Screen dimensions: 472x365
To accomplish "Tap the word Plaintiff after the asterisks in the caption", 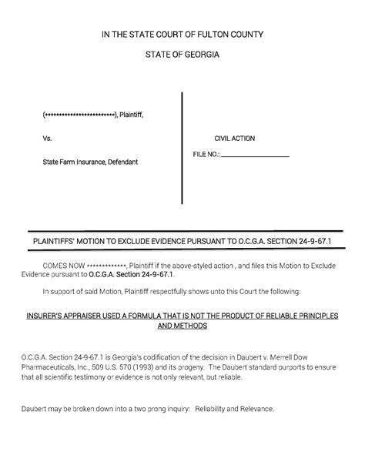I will [131, 115].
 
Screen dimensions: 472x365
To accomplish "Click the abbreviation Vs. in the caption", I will [48, 139].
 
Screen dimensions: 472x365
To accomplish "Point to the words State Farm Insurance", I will [72, 162].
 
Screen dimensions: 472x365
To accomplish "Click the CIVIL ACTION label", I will [234, 139].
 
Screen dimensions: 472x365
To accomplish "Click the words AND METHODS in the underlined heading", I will [182, 326].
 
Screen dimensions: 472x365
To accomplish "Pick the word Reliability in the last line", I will [213, 408].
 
